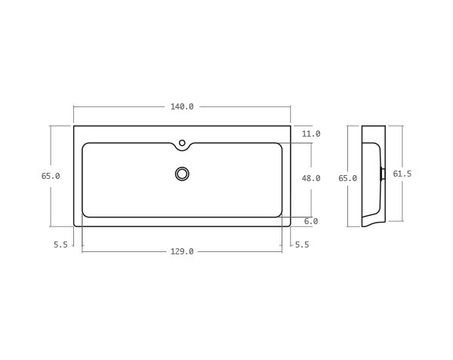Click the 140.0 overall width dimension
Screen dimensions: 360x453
pos(182,106)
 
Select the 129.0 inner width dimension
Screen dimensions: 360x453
pos(182,251)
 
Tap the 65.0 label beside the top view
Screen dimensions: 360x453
pos(51,176)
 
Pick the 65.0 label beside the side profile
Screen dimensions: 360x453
pos(347,178)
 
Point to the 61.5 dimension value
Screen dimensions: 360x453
pos(402,174)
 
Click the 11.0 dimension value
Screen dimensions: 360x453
pos(311,134)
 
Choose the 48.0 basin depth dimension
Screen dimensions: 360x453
pos(311,178)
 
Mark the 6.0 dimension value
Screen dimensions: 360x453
pos(311,221)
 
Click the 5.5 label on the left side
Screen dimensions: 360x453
pos(60,245)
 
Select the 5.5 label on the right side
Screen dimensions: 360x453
pos(302,245)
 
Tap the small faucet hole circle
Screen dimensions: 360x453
pos(182,143)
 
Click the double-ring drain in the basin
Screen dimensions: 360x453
pos(182,174)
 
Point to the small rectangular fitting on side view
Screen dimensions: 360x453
pos(383,174)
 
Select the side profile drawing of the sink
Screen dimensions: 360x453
pos(372,176)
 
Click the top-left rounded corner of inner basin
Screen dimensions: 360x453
pos(85,146)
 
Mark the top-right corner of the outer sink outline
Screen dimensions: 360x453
pos(290,126)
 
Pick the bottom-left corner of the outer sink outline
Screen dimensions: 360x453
pos(75,225)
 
